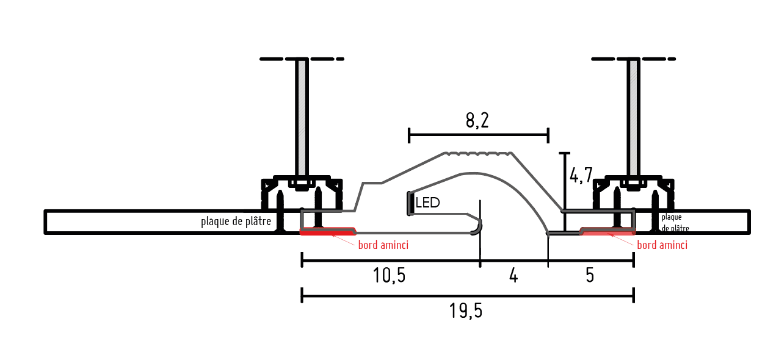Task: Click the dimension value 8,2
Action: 477,120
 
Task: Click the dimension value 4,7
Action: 580,176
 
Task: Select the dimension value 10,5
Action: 389,276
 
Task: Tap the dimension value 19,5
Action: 466,311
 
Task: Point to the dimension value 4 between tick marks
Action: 513,276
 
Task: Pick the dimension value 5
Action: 589,276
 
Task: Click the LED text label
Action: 427,203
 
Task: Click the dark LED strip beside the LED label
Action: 410,204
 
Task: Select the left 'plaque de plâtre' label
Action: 236,221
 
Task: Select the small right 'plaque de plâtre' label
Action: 675,223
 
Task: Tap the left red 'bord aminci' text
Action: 383,245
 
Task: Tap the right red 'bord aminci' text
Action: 662,245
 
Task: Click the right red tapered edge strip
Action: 607,232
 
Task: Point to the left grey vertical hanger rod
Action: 302,116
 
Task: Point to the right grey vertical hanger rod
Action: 634,116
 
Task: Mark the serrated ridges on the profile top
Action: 477,154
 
